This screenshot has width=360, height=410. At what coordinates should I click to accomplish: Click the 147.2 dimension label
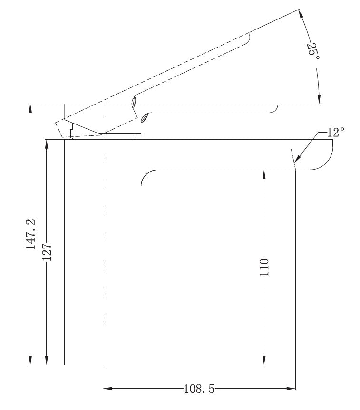tap(30, 234)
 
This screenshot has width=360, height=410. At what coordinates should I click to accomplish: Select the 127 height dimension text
tap(47, 252)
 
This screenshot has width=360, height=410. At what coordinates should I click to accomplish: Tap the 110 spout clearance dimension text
tap(264, 267)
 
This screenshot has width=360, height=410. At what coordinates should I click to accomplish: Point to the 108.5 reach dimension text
tap(199, 389)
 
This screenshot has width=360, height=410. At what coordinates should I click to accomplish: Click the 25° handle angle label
tap(313, 51)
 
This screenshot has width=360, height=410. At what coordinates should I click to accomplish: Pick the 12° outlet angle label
tap(336, 132)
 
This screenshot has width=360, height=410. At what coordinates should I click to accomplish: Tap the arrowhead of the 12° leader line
tap(297, 159)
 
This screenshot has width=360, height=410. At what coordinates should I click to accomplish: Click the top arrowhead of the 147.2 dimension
tap(30, 108)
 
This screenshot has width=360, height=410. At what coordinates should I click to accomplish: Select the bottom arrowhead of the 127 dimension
tap(47, 360)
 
